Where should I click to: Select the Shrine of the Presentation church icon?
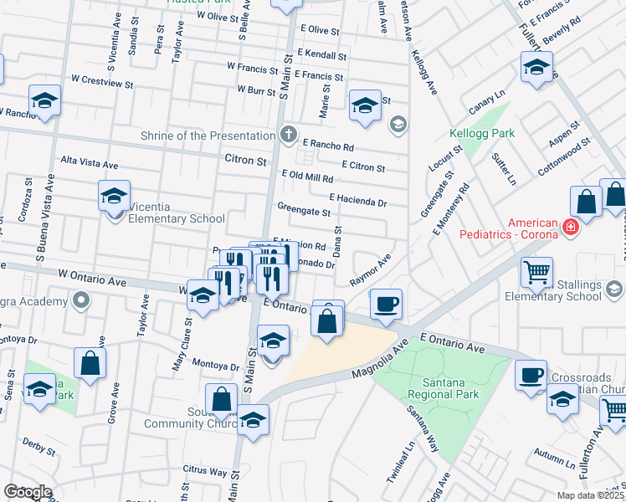point(289,134)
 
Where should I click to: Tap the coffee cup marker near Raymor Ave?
point(386,305)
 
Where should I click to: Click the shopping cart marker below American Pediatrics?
point(536,271)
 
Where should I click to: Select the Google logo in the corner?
point(28,492)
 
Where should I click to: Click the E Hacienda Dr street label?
point(358,201)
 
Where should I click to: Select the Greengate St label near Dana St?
point(304,212)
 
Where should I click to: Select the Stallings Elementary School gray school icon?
point(614,289)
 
